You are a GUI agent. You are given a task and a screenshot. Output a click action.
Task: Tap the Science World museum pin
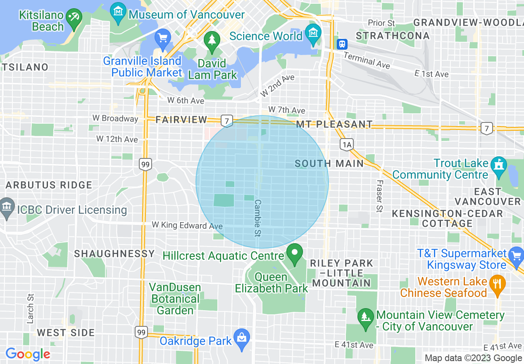coord(313,31)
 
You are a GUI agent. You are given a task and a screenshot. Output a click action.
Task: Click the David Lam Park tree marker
coord(212,41)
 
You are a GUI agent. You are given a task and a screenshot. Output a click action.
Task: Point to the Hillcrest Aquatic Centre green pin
coord(294,253)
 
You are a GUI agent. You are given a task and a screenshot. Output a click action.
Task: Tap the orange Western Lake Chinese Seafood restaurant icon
coord(497,284)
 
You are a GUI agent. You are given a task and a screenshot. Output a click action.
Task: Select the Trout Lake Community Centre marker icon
coord(499,165)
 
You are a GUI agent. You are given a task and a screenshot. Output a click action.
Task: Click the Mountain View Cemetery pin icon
coord(365,318)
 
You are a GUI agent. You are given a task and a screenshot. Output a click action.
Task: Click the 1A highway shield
coord(347,144)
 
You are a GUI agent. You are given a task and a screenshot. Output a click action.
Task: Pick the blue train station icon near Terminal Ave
coord(342,44)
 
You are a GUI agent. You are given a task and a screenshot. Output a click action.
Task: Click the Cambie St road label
coord(258,218)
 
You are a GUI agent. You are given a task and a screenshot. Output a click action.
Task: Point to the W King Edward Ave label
coord(187,225)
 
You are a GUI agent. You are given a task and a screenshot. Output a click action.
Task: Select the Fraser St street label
coord(379,196)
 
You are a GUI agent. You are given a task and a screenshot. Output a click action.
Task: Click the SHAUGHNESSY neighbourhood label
coord(114,254)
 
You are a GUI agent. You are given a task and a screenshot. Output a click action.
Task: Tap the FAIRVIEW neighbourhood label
coord(181,120)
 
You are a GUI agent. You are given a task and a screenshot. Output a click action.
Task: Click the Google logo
coord(28,354)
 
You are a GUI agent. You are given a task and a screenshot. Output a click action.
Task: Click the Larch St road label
coord(30,309)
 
